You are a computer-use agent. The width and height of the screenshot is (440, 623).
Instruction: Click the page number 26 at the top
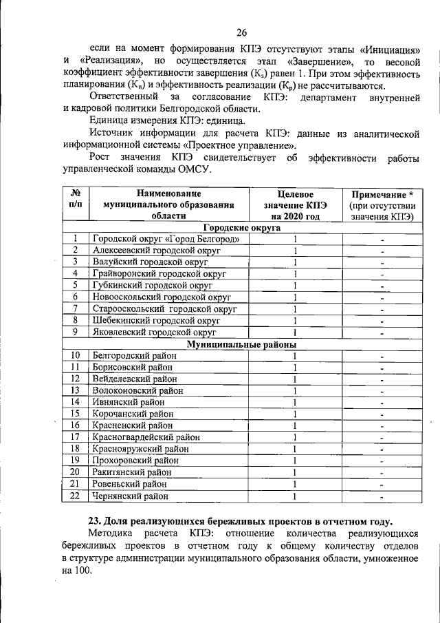point(241,33)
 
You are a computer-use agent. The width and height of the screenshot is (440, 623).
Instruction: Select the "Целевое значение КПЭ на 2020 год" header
point(296,205)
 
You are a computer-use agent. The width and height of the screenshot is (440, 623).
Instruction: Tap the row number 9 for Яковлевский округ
point(76,332)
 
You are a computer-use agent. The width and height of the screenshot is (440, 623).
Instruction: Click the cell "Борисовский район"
point(133,368)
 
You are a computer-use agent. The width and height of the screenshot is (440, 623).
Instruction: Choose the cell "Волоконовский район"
point(138,390)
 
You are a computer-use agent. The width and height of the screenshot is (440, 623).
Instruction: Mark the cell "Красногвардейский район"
point(146,437)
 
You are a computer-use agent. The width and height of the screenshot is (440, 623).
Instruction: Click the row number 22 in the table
point(76,496)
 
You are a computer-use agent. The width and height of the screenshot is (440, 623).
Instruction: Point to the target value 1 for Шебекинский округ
point(296,321)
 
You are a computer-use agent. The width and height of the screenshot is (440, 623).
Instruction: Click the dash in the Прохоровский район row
point(382,461)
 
